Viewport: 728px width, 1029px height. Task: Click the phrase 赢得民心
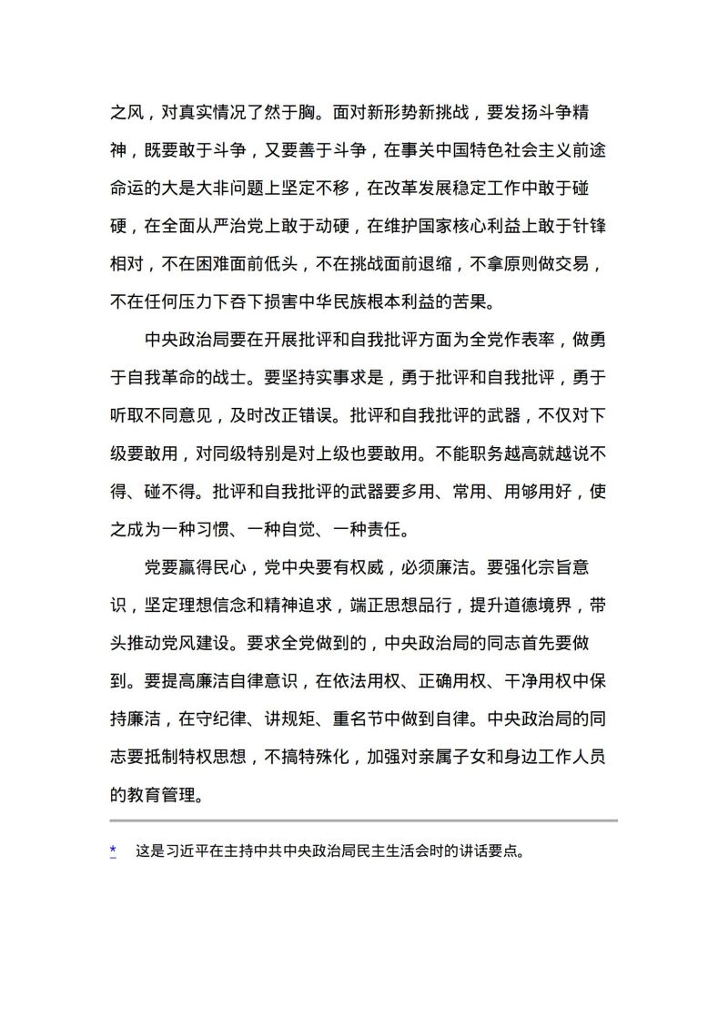(201, 567)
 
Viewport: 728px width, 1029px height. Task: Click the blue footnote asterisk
(113, 851)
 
